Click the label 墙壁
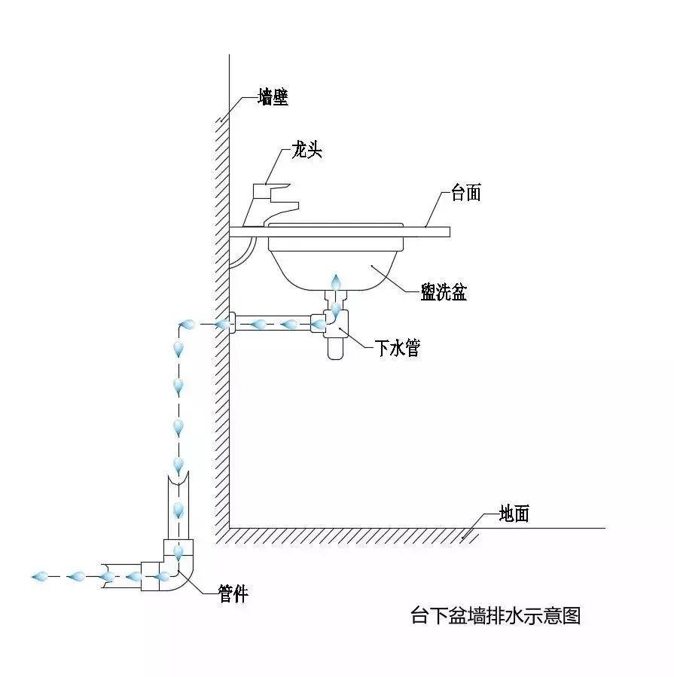(x=273, y=97)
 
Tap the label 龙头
(x=307, y=151)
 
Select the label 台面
(x=465, y=193)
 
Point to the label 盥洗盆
(x=444, y=292)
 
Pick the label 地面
(x=514, y=514)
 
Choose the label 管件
(x=233, y=593)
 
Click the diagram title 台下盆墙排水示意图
(x=496, y=615)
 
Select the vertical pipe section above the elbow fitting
(x=178, y=505)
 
